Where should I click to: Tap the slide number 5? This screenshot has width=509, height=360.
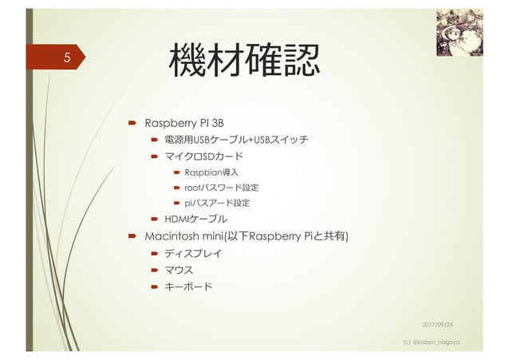[68, 58]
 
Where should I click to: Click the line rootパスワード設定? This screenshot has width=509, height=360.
[221, 188]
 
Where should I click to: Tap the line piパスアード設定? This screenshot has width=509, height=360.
[217, 203]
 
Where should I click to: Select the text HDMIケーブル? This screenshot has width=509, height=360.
[195, 219]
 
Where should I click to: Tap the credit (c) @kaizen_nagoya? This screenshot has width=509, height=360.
[439, 342]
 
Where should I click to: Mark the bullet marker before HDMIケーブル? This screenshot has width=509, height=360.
[156, 219]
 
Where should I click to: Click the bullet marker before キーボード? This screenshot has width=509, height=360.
[156, 287]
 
